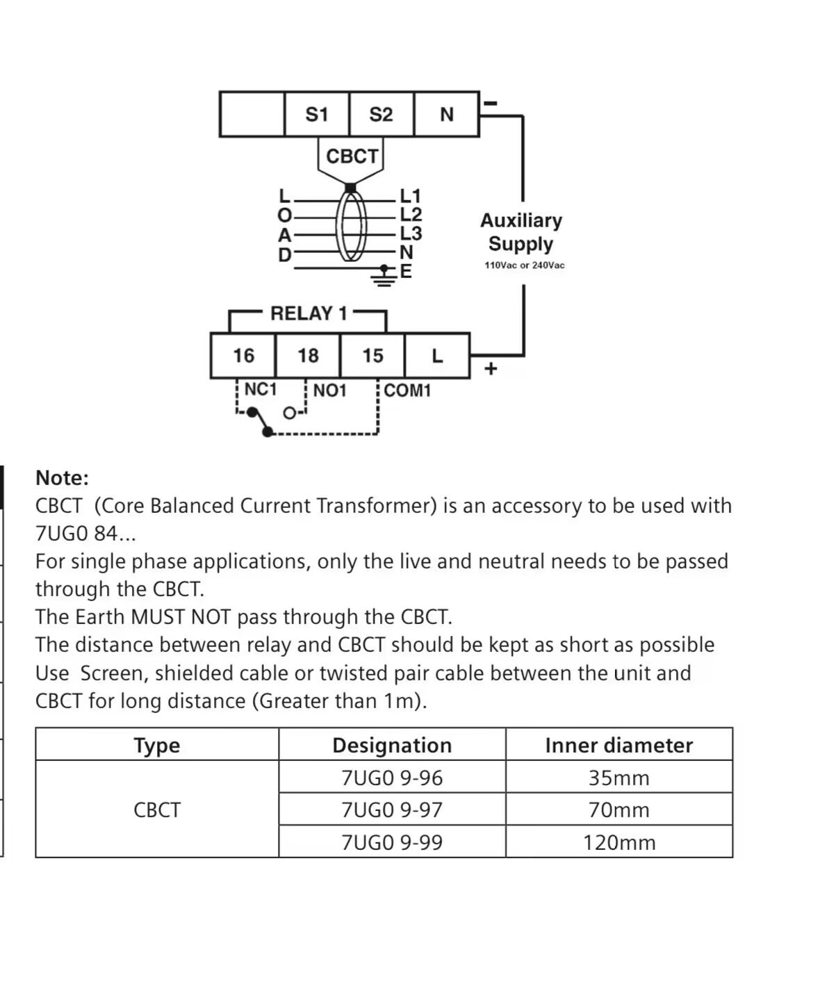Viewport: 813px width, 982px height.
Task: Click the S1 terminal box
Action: point(317,114)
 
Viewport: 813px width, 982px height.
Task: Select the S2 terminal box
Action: point(381,114)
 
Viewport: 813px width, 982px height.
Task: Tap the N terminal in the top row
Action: point(446,114)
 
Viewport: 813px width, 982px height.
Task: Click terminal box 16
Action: point(243,356)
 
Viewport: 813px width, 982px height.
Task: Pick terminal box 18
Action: point(308,356)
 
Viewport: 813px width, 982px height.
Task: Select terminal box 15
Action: point(372,356)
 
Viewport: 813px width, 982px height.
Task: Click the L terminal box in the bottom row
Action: point(437,356)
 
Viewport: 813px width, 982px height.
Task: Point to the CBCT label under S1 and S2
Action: point(352,156)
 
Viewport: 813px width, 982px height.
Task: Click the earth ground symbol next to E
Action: point(382,275)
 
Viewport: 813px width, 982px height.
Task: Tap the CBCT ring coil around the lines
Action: point(352,226)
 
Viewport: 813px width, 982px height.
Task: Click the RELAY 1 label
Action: point(309,313)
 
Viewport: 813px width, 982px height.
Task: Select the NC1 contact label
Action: point(261,390)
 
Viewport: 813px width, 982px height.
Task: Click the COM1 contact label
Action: point(407,391)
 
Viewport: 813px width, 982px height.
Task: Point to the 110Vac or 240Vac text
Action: point(525,265)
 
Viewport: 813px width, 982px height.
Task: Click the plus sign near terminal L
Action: point(491,368)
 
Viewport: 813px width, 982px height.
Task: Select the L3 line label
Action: point(411,234)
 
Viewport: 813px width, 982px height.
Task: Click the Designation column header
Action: point(392,745)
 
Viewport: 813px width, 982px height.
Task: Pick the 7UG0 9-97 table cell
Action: point(392,810)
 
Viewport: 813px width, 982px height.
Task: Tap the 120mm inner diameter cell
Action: point(618,842)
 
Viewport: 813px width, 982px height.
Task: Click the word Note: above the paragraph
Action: point(63,478)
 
